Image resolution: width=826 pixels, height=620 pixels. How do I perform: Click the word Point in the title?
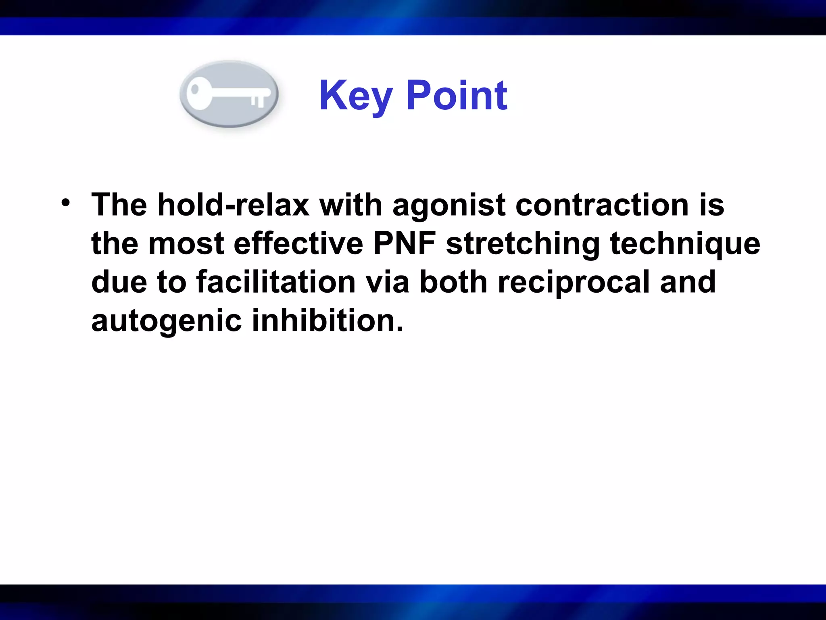tap(457, 96)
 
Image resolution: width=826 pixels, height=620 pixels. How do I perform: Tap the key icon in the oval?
tap(229, 94)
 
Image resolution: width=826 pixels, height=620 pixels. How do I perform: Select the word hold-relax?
tap(233, 205)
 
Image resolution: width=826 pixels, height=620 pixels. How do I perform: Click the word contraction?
tap(602, 205)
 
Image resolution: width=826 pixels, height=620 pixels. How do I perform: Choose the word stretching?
tap(524, 244)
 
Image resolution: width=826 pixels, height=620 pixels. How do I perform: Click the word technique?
tap(685, 244)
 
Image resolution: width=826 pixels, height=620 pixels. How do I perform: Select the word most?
tap(186, 243)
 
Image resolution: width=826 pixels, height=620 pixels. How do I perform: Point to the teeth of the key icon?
tap(258, 101)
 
